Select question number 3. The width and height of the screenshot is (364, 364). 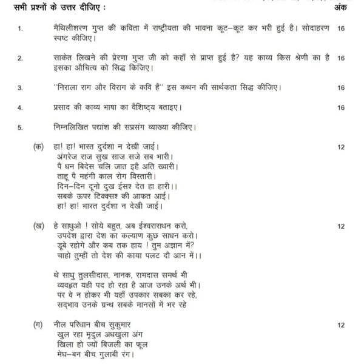21,88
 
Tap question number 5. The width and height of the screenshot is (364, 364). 21,127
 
